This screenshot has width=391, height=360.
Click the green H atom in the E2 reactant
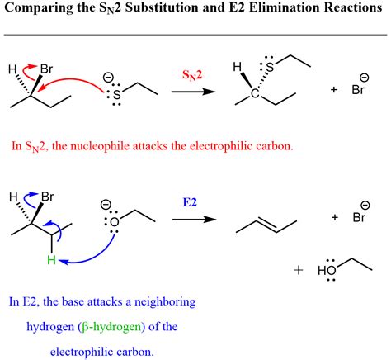pyautogui.click(x=51, y=259)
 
